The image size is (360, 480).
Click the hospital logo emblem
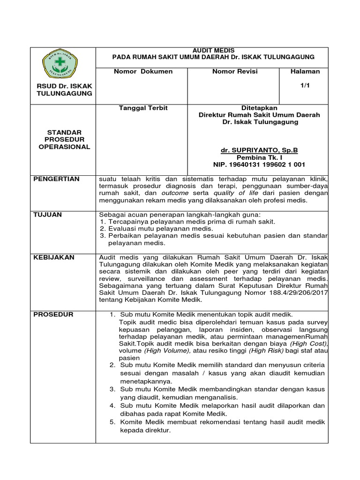(x=64, y=65)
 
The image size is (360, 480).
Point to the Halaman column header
(x=305, y=72)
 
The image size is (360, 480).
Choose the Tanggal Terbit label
(x=137, y=108)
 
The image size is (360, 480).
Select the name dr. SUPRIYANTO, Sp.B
(x=259, y=150)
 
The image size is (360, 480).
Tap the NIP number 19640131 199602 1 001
(x=259, y=165)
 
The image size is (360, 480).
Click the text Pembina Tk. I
(x=259, y=157)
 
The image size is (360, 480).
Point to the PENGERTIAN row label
(x=57, y=179)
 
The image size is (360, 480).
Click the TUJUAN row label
(x=48, y=214)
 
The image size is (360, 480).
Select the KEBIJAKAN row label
(x=54, y=257)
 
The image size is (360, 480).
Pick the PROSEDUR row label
(x=53, y=315)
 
